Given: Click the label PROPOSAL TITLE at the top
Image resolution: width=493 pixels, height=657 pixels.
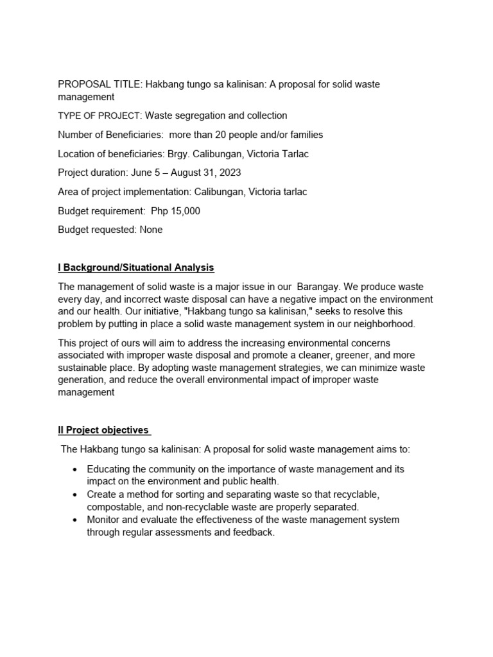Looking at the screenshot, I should [99, 85].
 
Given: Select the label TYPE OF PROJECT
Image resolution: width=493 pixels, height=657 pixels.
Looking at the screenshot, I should [99, 116].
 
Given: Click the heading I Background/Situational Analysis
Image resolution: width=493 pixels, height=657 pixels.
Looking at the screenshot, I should [136, 268].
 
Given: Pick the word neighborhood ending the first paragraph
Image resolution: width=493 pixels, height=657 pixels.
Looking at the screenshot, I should [386, 325].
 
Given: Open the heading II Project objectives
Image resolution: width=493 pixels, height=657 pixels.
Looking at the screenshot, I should [104, 431].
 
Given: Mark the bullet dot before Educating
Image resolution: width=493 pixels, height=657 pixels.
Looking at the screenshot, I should [76, 470].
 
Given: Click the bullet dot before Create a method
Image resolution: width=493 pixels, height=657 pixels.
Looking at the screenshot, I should [76, 495].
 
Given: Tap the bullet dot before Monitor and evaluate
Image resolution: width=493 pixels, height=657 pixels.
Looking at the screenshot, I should [76, 520].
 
